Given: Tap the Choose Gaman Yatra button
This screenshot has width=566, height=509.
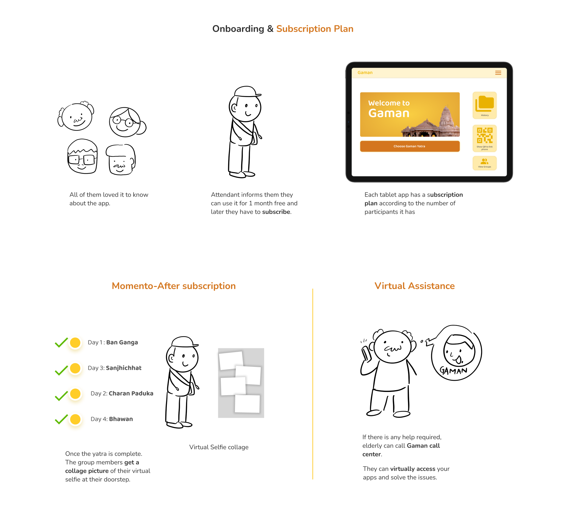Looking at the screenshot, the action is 410,146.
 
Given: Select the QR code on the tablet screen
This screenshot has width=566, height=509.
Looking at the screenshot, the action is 485,135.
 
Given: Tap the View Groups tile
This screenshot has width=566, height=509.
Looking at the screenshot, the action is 485,163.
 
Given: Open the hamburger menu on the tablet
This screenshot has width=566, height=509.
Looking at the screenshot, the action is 498,73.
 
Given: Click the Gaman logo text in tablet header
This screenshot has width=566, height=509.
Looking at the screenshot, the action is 365,73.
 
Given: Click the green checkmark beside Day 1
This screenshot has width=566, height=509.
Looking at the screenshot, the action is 61,343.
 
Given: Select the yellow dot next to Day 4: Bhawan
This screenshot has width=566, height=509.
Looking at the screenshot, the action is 75,419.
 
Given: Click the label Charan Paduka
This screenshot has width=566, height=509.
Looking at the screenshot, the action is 131,393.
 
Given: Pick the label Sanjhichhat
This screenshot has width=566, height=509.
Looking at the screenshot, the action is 124,368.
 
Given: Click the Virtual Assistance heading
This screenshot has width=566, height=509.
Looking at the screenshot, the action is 414,286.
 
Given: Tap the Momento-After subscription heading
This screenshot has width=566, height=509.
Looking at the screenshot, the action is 174,286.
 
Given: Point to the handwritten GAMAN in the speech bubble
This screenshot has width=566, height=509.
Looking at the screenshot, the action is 453,370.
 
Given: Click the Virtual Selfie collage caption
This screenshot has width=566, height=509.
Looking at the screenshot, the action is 219,447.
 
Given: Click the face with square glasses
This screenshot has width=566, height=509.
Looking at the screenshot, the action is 83,156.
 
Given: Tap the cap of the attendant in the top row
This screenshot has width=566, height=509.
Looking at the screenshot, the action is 247,92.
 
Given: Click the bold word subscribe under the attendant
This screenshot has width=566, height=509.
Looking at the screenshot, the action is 276,212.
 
